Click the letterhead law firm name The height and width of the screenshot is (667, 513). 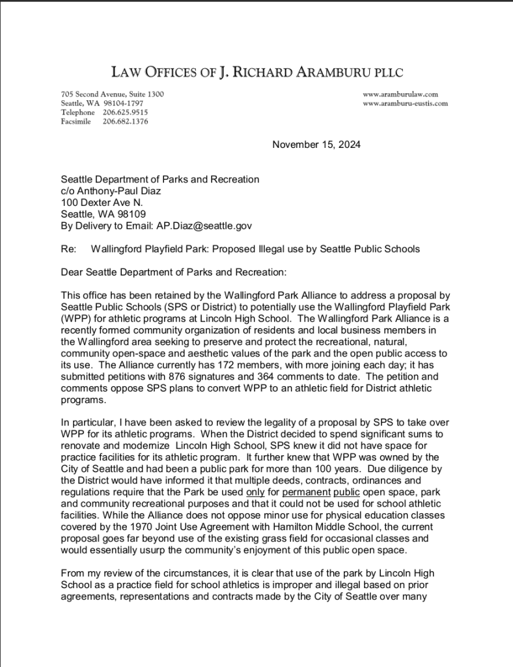click(256, 72)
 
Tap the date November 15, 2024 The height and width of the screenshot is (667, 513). click(316, 144)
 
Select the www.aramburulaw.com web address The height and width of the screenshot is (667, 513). click(400, 94)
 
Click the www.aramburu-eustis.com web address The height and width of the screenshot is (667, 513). click(405, 104)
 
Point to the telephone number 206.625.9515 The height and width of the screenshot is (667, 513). click(125, 113)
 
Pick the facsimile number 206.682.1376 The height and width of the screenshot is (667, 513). click(125, 122)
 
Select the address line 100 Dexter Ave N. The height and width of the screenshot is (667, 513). click(102, 203)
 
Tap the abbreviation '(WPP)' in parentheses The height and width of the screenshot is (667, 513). click(74, 319)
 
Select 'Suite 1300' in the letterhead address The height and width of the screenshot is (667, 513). click(146, 94)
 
